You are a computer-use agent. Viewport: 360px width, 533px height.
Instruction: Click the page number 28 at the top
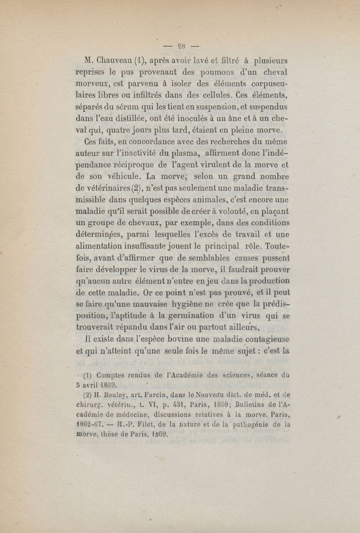click(181, 45)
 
